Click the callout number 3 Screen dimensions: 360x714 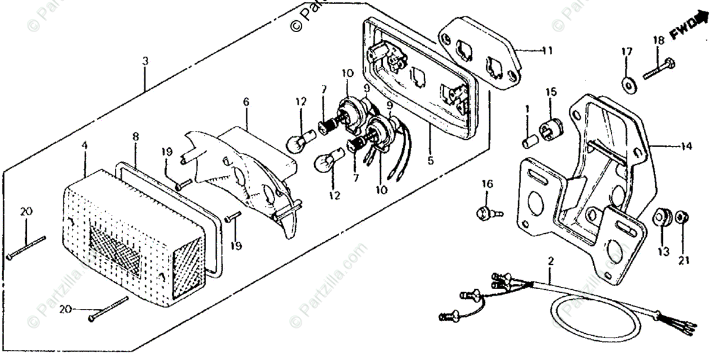pyautogui.click(x=145, y=61)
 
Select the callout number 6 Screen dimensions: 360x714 pyautogui.click(x=245, y=102)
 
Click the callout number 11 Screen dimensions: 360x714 pyautogui.click(x=546, y=51)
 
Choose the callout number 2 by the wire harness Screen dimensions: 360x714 pyautogui.click(x=550, y=261)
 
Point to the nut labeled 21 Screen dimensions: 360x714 pyautogui.click(x=683, y=218)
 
